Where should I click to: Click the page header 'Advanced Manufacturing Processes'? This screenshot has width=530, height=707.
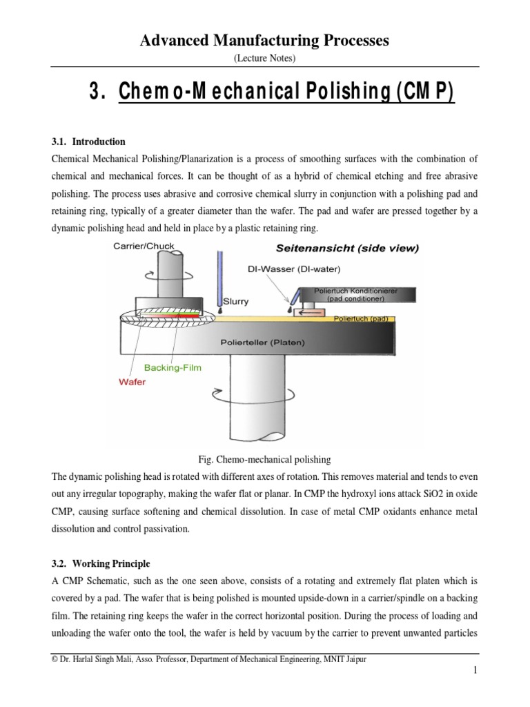point(265,41)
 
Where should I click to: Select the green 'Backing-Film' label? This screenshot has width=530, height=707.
point(173,367)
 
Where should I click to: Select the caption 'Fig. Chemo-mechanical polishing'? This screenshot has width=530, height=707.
point(265,458)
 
